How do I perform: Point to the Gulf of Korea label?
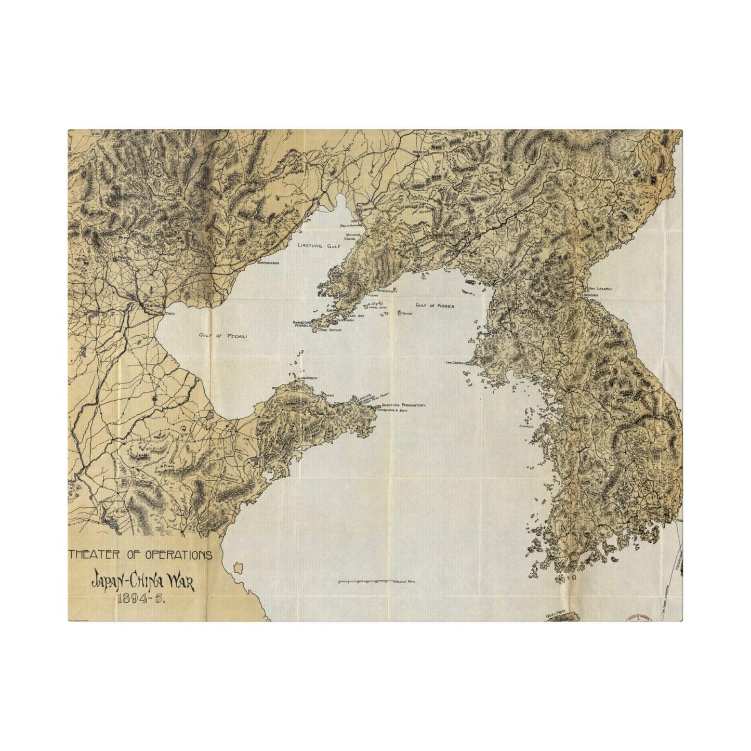point(436,306)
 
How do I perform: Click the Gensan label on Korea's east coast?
point(594,294)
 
